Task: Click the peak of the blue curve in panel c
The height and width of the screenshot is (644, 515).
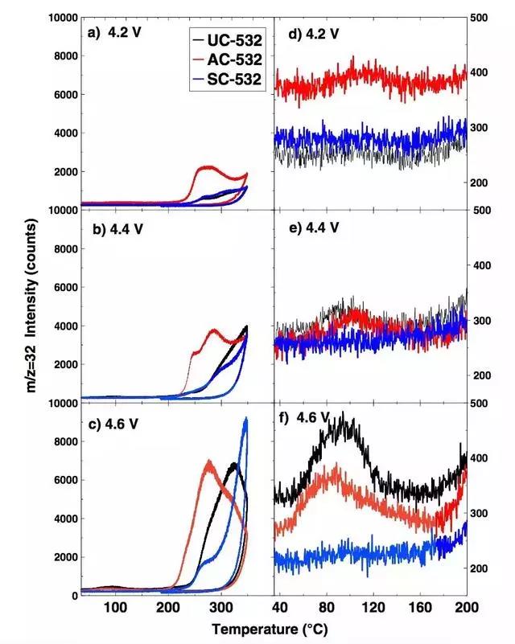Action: coord(245,419)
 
